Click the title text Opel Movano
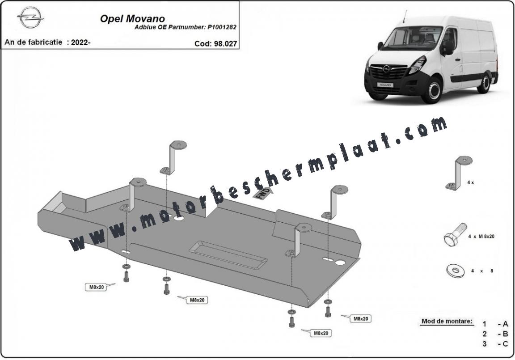[132, 18]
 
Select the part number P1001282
[222, 27]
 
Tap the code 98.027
[225, 43]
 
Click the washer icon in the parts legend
[455, 271]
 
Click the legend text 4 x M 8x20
[481, 236]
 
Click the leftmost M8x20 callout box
[97, 287]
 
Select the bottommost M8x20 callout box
[321, 333]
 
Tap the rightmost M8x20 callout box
[360, 318]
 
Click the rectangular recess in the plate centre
[228, 255]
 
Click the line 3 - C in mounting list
[495, 343]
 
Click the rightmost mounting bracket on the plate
[334, 202]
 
